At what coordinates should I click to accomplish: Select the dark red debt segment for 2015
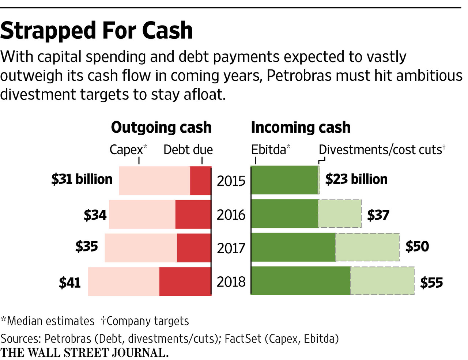point(200,181)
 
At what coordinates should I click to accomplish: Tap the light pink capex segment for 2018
point(124,281)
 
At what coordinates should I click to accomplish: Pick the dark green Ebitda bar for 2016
point(284,214)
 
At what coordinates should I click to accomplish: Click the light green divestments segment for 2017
point(367,247)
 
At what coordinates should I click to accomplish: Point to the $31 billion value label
point(82,179)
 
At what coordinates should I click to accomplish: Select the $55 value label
point(431,283)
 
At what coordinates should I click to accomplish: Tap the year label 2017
point(231,248)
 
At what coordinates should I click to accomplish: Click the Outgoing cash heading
point(161,127)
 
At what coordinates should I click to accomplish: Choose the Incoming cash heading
point(301,127)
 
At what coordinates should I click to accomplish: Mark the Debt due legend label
point(188,149)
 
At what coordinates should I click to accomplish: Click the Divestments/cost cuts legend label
point(380,149)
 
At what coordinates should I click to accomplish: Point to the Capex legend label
point(127,149)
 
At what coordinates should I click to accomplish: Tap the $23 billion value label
point(356,179)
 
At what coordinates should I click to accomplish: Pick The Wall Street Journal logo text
point(84,353)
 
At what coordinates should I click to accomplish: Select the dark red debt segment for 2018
point(185,281)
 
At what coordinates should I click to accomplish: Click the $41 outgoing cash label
point(69,283)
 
